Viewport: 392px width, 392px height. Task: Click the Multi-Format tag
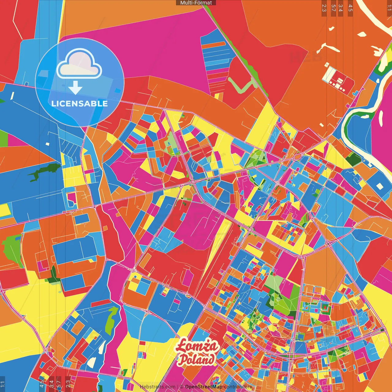196,3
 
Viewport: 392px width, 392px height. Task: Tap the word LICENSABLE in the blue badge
80,104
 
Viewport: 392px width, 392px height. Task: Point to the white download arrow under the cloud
75,88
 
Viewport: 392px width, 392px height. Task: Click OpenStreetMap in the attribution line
204,387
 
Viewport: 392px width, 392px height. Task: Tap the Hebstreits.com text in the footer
157,387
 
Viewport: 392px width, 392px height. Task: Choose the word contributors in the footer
238,387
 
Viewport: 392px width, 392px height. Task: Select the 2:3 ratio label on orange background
324,8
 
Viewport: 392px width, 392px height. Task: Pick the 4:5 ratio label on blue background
42,384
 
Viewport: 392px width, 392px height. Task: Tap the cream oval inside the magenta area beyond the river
381,118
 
